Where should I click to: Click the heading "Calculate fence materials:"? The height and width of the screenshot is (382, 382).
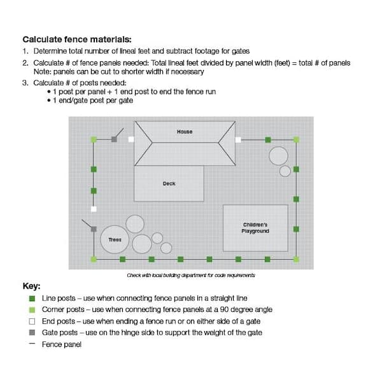tap(77, 39)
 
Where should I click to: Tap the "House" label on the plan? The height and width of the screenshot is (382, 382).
tap(185, 132)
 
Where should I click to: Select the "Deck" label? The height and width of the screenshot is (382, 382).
tap(169, 183)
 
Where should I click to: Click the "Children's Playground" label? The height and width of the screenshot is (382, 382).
tap(255, 227)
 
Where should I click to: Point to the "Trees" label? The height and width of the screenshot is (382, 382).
tap(115, 239)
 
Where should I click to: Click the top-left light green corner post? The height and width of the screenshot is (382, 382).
tap(94, 139)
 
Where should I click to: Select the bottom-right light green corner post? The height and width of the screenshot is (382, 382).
tap(296, 259)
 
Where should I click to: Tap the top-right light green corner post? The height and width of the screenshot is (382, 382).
tap(296, 139)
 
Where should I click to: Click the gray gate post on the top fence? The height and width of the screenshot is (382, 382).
tap(115, 139)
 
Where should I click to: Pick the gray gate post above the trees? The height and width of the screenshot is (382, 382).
tap(94, 229)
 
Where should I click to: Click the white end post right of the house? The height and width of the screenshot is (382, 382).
tap(237, 139)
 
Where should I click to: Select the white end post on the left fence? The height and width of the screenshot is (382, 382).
tap(94, 209)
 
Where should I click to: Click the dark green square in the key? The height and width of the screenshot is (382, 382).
tap(32, 298)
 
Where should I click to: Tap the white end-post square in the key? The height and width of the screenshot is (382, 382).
tap(32, 321)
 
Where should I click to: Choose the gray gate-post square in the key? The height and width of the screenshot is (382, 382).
tap(32, 332)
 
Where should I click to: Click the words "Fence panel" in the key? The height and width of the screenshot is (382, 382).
tap(62, 344)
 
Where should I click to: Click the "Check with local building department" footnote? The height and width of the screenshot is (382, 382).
tap(191, 275)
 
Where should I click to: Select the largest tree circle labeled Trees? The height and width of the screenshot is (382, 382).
tap(115, 239)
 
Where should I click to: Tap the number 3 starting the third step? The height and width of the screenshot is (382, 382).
tap(25, 83)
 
